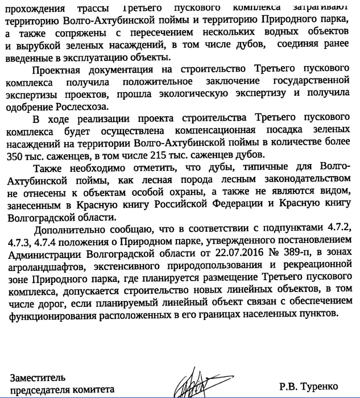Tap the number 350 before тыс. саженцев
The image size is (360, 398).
pyautogui.click(x=16, y=155)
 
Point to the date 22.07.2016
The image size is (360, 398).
pyautogui.click(x=218, y=253)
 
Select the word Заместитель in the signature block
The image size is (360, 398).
pyautogui.click(x=38, y=376)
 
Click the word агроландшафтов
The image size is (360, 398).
pyautogui.click(x=47, y=266)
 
